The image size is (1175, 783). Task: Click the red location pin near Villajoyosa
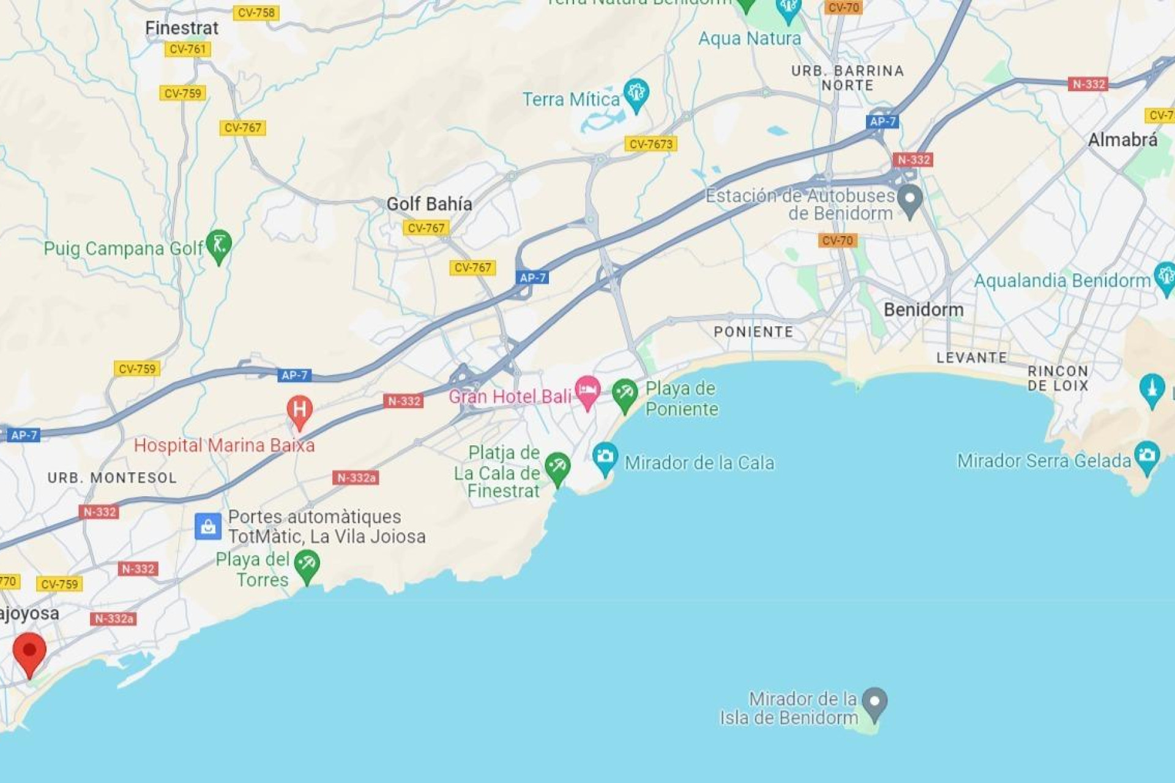point(29,652)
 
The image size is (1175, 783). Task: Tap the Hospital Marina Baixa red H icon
point(300,410)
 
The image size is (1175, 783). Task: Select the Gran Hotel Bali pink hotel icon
point(587,390)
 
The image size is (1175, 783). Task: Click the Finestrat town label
point(181,28)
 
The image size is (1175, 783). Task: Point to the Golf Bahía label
point(429,204)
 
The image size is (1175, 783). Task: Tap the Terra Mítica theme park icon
point(636,94)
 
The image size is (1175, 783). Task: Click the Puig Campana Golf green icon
point(218,245)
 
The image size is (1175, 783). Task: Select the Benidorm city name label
point(923,310)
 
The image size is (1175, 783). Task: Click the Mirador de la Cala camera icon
point(605,457)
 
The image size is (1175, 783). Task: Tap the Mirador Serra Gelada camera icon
point(1146,456)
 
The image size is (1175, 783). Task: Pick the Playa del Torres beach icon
point(307,565)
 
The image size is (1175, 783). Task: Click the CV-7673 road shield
point(651,144)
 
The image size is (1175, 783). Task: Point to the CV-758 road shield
point(256,13)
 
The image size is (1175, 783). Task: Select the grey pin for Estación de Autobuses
point(909,199)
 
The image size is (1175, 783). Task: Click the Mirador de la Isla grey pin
point(875,702)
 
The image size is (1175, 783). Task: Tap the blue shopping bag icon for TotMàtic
point(208,526)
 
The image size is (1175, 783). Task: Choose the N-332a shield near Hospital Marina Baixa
point(356,478)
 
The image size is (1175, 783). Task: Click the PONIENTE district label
point(753,332)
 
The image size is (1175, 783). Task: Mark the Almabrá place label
point(1122,140)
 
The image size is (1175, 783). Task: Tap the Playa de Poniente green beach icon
point(625,394)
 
